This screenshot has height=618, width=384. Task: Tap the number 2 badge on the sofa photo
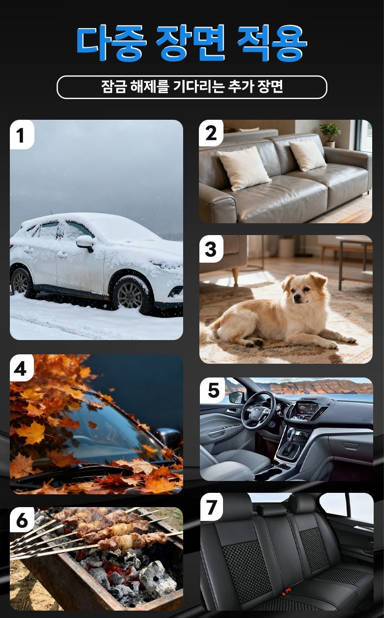click(x=211, y=134)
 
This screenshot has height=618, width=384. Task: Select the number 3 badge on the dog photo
click(x=211, y=249)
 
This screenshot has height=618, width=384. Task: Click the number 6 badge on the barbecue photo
click(x=22, y=520)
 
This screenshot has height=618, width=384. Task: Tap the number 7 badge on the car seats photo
click(x=211, y=508)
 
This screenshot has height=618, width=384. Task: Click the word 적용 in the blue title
click(x=272, y=43)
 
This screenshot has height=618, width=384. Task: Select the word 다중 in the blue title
click(x=111, y=43)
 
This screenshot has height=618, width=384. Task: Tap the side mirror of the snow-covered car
click(x=85, y=243)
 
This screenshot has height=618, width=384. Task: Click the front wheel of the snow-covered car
click(x=131, y=295)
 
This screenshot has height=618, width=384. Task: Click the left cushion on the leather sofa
click(x=244, y=168)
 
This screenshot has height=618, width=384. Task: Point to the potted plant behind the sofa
click(x=330, y=135)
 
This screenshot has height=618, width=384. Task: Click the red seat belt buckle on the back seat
click(x=287, y=591)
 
